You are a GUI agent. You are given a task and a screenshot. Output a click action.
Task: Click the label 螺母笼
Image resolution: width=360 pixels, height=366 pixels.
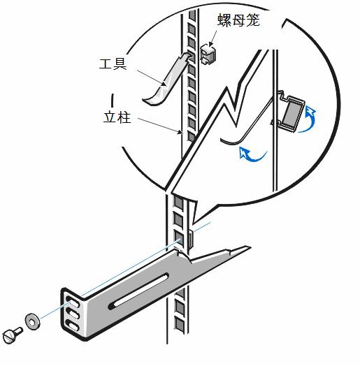238,20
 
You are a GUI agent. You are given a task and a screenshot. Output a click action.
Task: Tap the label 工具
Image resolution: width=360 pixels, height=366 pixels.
113,64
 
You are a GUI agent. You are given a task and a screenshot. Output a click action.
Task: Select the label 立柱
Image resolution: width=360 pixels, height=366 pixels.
117,117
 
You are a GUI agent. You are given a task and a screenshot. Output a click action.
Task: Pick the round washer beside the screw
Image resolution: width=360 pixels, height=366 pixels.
32,322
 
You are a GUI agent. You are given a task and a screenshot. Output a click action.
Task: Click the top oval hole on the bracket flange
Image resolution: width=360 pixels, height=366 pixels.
73,302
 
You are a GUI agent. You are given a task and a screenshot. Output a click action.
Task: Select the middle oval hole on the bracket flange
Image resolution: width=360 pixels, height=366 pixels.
73,314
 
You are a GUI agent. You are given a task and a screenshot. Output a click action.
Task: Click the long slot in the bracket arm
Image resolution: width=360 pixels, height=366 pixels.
138,291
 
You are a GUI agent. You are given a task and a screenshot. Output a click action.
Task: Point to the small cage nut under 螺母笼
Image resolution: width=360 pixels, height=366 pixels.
208,54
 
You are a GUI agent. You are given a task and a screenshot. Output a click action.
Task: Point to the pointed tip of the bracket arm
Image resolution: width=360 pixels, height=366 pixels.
250,247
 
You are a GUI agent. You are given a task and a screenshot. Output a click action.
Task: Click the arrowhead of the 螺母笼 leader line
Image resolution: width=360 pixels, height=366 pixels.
210,44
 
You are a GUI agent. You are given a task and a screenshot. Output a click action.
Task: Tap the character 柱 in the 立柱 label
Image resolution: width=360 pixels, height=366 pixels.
124,117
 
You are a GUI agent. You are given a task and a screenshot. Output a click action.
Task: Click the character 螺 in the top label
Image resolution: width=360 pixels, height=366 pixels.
224,20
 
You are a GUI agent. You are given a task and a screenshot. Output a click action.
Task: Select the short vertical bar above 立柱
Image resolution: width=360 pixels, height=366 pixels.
113,101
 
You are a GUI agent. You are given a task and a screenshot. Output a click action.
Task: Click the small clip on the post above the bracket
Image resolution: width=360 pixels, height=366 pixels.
191,240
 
